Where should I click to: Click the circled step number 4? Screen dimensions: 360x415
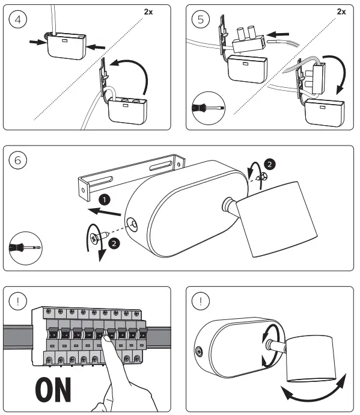[17, 19]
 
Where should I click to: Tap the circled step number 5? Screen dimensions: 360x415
[201, 19]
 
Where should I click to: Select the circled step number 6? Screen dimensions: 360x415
[17, 160]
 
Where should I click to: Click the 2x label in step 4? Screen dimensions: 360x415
[148, 11]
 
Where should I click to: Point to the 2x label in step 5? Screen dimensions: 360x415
[341, 11]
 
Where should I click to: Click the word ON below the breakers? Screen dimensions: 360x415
[53, 390]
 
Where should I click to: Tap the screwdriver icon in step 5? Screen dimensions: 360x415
[209, 108]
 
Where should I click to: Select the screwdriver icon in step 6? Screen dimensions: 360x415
[25, 248]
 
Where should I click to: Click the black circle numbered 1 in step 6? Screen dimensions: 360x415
[105, 200]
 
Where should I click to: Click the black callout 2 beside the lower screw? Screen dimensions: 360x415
[114, 243]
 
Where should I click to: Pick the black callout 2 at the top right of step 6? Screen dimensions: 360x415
[269, 164]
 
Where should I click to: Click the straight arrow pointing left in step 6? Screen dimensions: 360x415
[105, 212]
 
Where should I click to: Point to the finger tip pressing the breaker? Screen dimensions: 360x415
[105, 338]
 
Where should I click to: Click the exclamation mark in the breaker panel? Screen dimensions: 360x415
[17, 301]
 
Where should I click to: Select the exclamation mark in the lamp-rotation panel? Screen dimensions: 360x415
[201, 301]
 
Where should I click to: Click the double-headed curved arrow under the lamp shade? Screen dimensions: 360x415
[314, 395]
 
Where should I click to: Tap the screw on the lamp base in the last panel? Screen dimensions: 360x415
[199, 352]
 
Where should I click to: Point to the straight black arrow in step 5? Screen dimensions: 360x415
[278, 34]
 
